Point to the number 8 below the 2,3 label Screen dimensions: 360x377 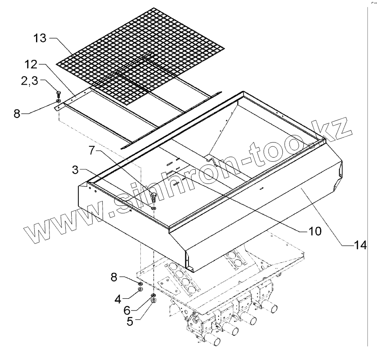coord(17,113)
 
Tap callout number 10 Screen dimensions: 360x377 coord(315,230)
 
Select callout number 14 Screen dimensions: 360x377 coord(359,245)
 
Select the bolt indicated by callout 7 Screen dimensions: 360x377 coord(153,197)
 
